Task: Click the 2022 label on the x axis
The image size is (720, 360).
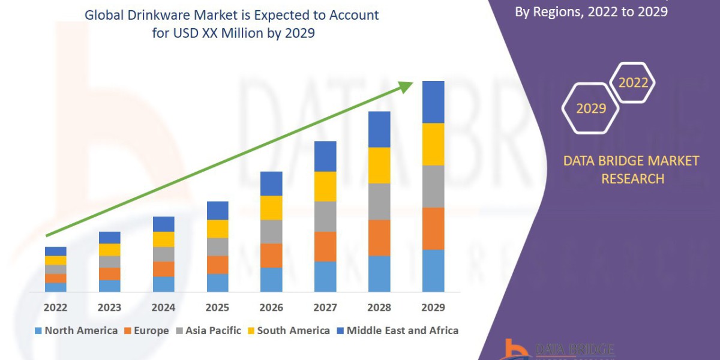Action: [55, 307]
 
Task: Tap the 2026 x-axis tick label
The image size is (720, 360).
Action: [271, 307]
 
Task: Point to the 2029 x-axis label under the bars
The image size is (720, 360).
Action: [433, 307]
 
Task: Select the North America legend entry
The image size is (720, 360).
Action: [76, 331]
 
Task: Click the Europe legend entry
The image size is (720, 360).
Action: [147, 331]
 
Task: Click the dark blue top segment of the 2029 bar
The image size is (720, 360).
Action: [433, 102]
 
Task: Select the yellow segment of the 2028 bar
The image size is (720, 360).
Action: [379, 165]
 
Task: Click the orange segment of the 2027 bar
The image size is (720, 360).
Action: [325, 247]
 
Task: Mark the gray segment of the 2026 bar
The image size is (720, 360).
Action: [271, 232]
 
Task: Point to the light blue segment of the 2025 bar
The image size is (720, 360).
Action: [217, 283]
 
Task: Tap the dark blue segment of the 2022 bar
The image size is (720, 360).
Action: [55, 251]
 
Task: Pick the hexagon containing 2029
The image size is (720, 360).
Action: [590, 109]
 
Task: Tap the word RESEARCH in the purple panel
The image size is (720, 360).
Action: [632, 178]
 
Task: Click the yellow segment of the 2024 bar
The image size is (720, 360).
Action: [163, 239]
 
